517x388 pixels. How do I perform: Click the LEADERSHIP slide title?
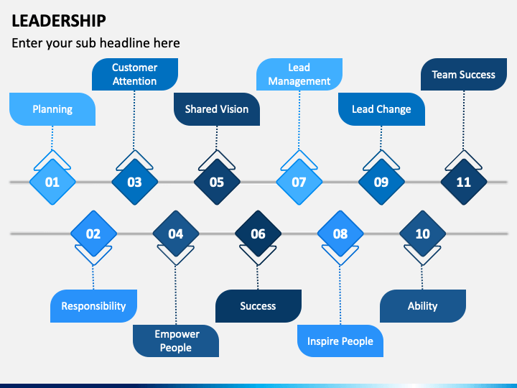[59, 20]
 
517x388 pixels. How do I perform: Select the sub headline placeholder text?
[96, 43]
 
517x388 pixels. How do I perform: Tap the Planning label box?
[52, 109]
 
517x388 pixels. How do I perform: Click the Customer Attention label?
[134, 74]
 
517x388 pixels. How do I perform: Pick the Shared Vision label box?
[216, 109]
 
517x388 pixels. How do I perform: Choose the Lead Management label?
[299, 74]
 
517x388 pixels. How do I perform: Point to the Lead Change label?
[381, 109]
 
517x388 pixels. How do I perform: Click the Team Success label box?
[463, 74]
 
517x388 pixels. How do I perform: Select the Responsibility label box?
[93, 306]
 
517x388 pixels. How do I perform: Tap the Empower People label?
[175, 341]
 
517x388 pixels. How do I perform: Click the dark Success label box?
[258, 306]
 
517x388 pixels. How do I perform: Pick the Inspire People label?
[340, 341]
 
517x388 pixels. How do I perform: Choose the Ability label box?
[422, 306]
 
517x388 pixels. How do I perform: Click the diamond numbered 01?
[52, 182]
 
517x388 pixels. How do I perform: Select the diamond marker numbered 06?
[258, 234]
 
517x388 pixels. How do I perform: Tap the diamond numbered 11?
[463, 182]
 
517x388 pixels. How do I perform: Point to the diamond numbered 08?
[340, 234]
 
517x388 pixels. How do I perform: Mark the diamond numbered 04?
[175, 234]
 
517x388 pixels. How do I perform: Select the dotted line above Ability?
[422, 277]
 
